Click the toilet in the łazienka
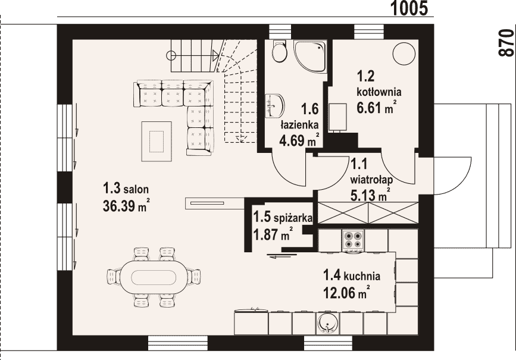coord(280,51)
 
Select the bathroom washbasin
coord(275,106)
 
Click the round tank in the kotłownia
coord(404,54)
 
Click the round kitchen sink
coord(328,323)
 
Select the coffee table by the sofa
coord(157,142)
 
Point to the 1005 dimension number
coord(409,8)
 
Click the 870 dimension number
coord(506,43)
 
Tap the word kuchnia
coord(362,276)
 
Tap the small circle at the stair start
coord(171,55)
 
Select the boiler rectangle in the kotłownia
coord(338,117)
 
